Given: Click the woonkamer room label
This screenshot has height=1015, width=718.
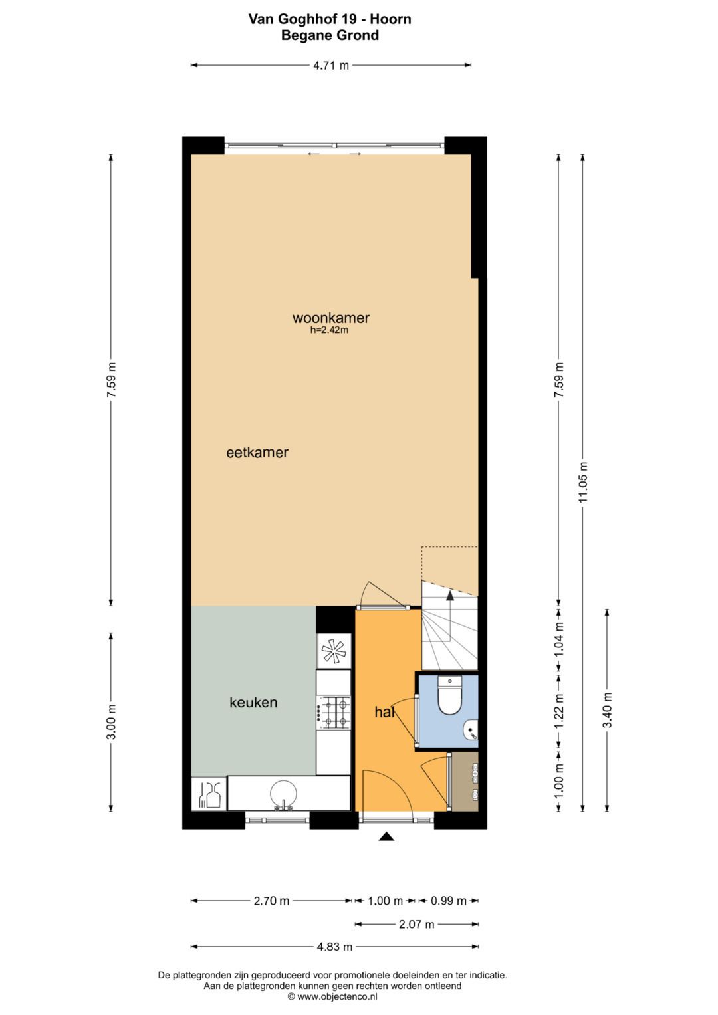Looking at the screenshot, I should [330, 318].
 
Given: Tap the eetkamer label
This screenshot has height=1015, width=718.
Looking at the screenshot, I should [257, 453].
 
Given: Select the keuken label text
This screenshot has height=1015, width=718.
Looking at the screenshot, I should [253, 703].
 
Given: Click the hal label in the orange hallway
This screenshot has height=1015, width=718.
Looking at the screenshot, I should [384, 712].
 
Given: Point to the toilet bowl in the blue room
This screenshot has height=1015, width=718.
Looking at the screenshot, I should [450, 697].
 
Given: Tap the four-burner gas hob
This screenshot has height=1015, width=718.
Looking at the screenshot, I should [334, 711].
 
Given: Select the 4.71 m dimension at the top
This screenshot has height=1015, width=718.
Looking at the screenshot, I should [331, 65].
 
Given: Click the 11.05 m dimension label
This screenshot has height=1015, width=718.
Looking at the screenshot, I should [583, 483].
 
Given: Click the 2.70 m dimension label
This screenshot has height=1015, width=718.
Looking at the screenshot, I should [271, 901].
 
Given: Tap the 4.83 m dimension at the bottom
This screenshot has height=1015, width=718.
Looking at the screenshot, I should [334, 947].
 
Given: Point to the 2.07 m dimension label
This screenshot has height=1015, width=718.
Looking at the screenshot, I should [416, 924].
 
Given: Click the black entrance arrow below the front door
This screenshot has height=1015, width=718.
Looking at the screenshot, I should [386, 837].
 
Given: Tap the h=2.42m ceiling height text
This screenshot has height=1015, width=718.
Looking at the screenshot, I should [329, 330].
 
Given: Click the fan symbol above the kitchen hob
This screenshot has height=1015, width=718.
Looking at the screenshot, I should [334, 650].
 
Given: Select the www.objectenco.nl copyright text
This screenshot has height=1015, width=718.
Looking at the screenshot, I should [332, 996].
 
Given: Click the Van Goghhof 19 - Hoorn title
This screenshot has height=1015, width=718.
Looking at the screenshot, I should [330, 19].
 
